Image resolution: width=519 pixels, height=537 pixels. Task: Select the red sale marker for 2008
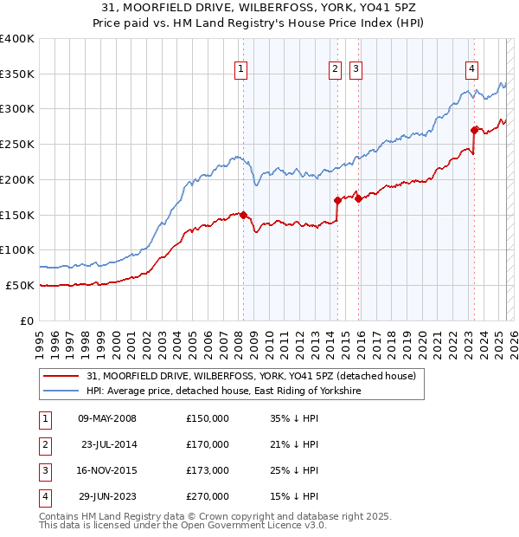click(x=243, y=215)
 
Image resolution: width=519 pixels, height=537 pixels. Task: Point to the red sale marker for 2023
click(x=475, y=130)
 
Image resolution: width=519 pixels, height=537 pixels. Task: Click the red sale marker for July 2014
click(x=336, y=200)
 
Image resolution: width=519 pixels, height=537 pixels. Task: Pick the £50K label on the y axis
click(x=20, y=285)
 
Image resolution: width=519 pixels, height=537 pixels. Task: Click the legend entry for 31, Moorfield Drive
click(x=251, y=376)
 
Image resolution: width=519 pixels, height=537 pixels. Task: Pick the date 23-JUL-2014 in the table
click(x=109, y=444)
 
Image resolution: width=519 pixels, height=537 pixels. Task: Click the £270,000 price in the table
click(x=208, y=496)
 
